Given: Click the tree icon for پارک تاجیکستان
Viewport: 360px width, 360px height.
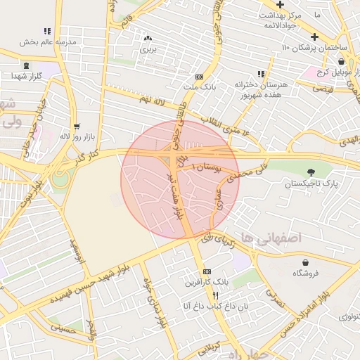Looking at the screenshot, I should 311,172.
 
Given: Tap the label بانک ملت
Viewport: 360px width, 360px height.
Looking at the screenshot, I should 199,87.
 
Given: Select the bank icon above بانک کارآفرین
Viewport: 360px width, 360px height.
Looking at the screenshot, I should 206,271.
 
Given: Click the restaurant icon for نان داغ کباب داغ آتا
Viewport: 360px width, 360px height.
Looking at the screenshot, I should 217,296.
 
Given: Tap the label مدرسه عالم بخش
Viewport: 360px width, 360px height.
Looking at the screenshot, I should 47,41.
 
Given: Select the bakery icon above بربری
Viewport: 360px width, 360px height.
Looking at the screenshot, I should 148,39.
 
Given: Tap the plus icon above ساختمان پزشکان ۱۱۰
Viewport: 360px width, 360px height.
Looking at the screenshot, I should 314,37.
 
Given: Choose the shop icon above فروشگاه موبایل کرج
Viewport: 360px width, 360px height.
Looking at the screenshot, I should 341,62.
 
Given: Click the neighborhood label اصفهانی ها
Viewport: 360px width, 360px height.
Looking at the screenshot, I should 270,238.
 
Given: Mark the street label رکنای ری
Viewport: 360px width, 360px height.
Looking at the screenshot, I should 216,240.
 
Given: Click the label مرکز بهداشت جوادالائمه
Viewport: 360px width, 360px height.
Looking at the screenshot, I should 289,19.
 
